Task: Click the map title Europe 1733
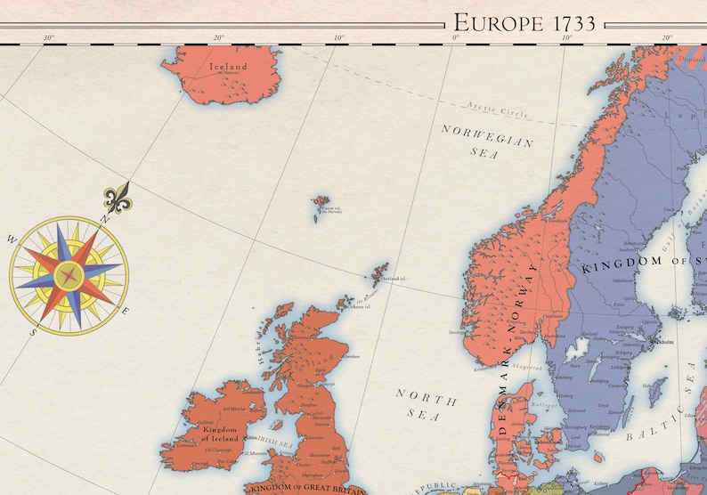[524, 22]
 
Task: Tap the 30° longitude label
[48, 37]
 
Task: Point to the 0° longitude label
[455, 37]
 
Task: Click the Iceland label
[228, 67]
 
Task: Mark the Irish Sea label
[274, 442]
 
